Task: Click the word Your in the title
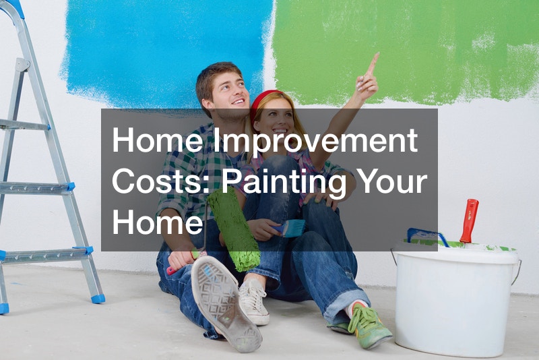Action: (x=389, y=181)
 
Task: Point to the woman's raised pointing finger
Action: (x=373, y=63)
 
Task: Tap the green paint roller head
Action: (x=234, y=230)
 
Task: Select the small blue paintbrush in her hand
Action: (x=289, y=229)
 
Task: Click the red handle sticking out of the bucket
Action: (x=469, y=220)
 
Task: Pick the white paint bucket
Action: (x=456, y=297)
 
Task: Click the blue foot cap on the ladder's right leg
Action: (x=98, y=299)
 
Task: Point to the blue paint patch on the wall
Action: (x=165, y=52)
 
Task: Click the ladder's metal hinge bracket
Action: (x=22, y=65)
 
